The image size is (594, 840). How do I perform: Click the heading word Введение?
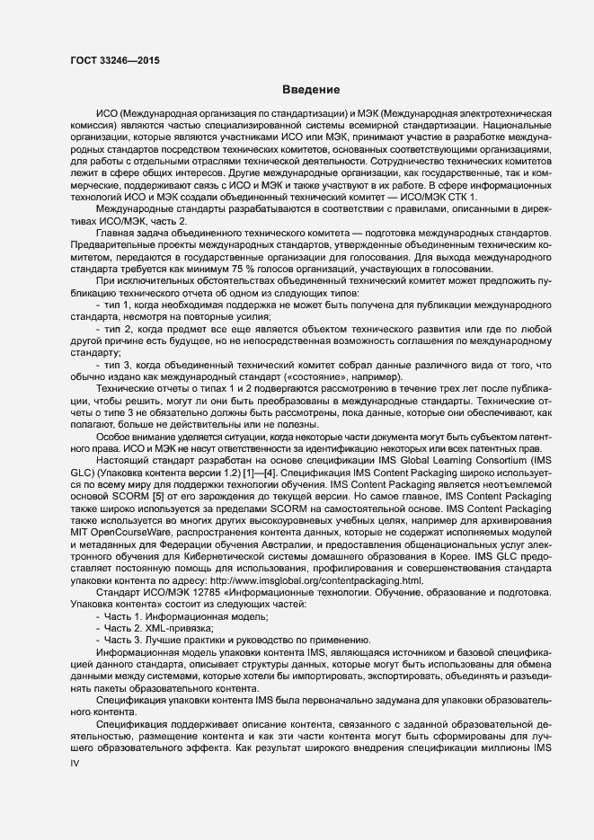pyautogui.click(x=310, y=90)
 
